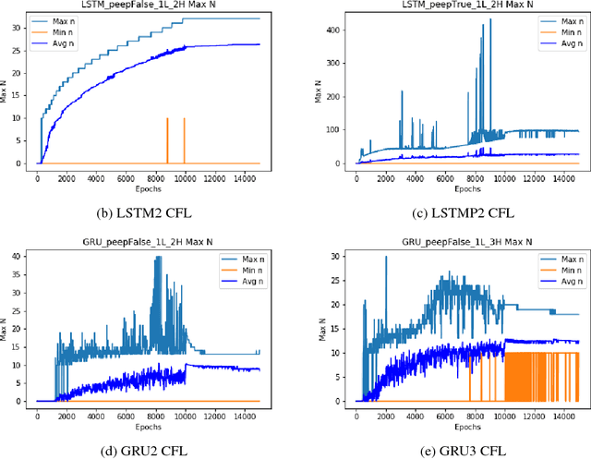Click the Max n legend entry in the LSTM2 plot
pos(65,20)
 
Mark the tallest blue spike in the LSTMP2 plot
pos(490,20)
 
